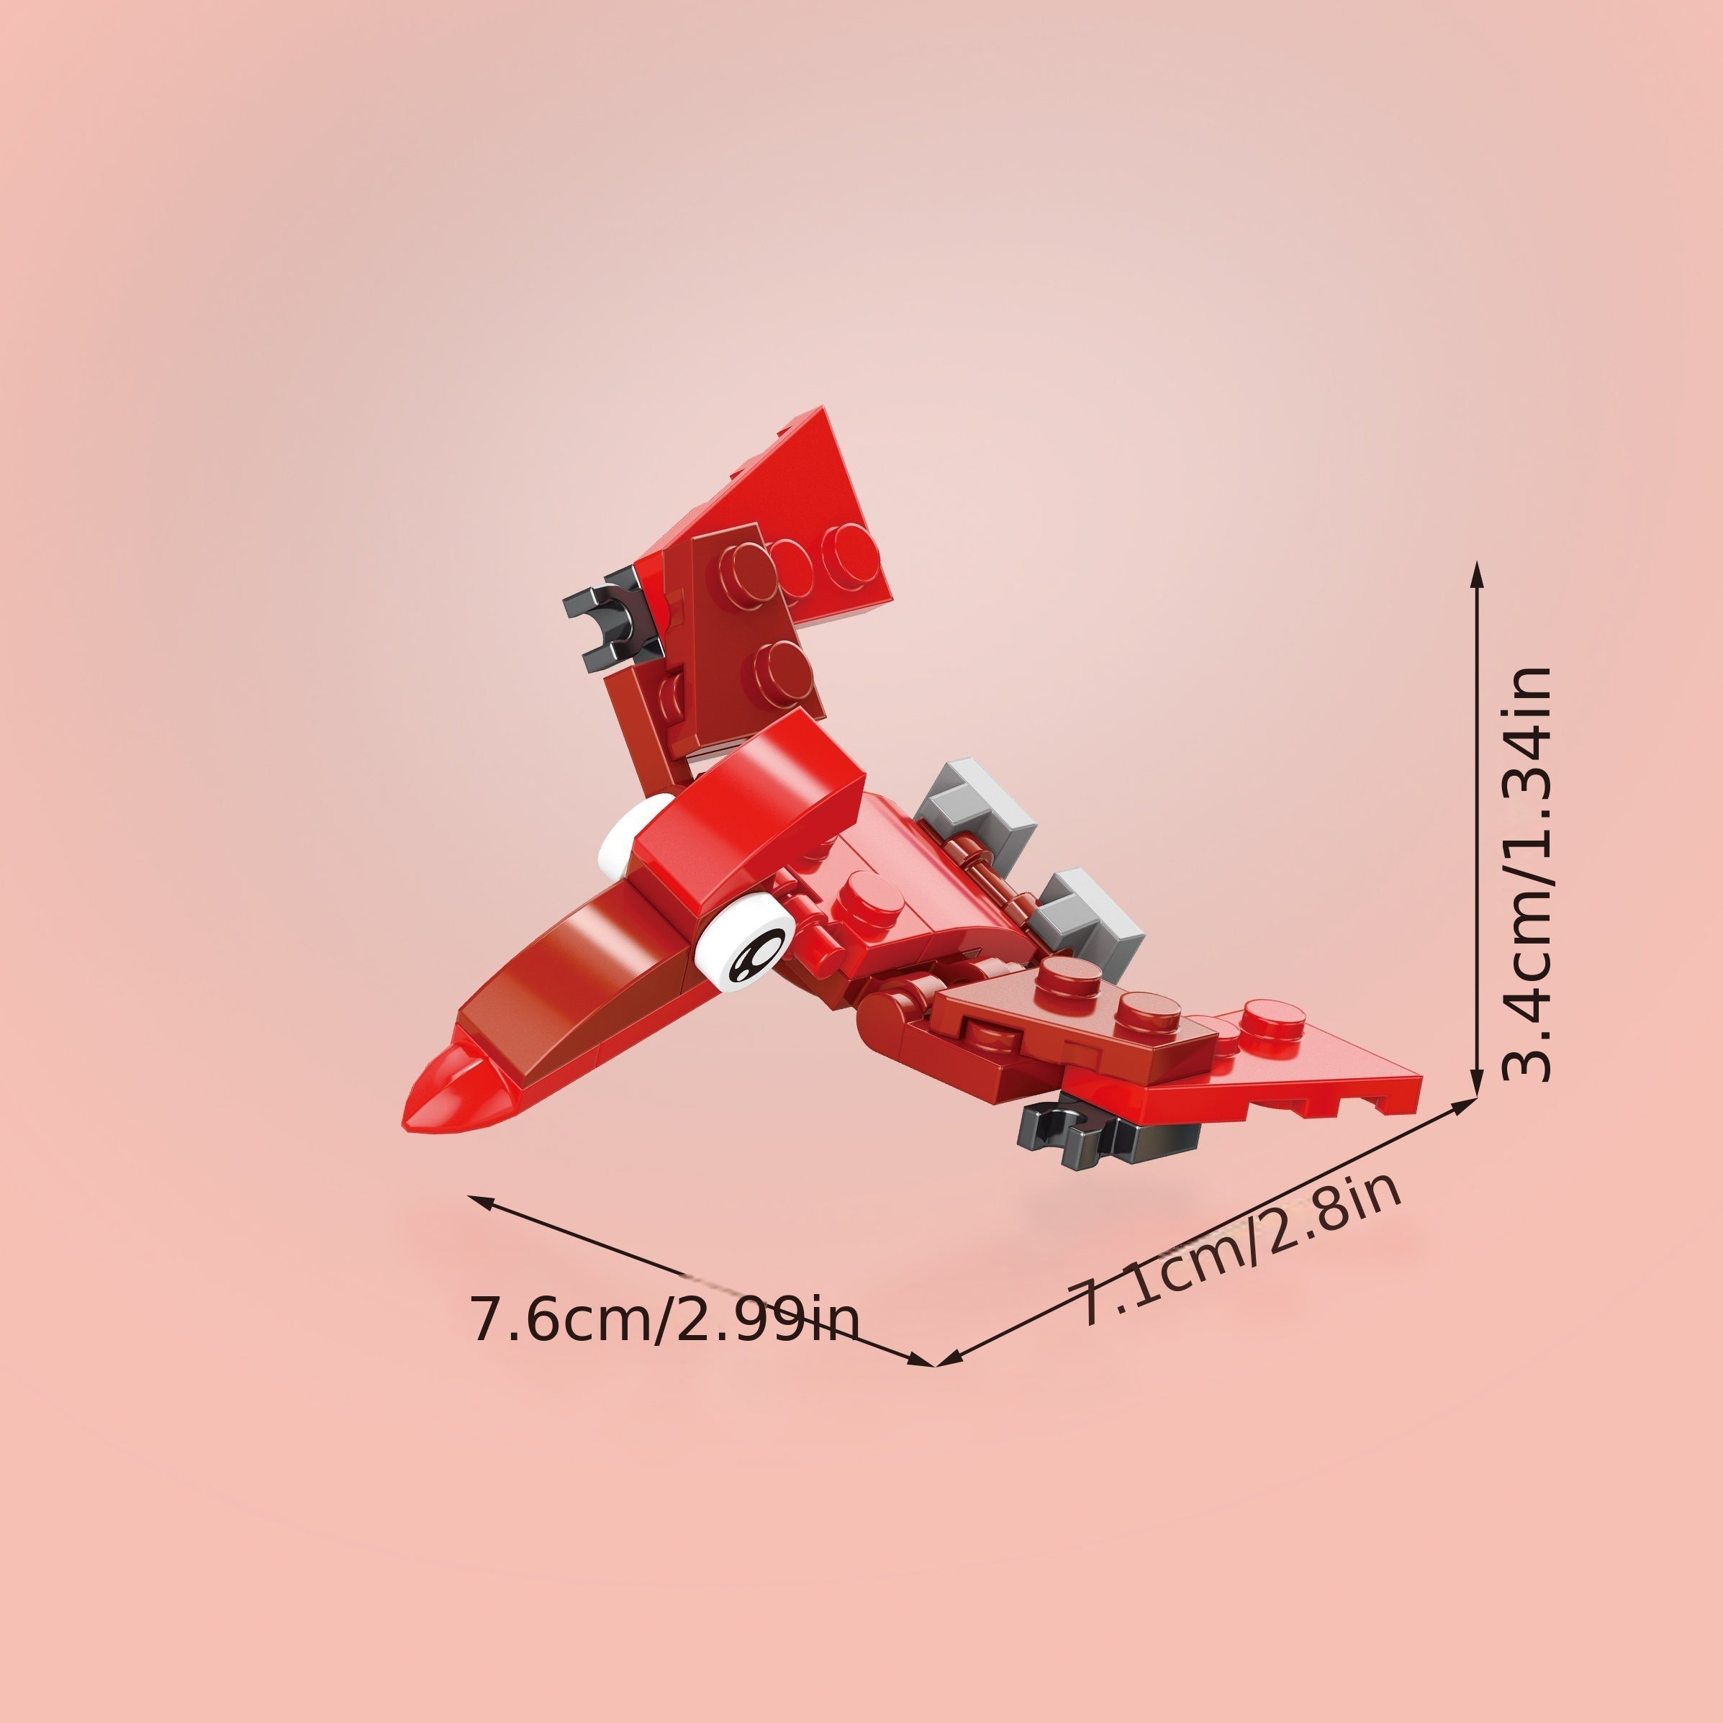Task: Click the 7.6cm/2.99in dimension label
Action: [x=664, y=1321]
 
